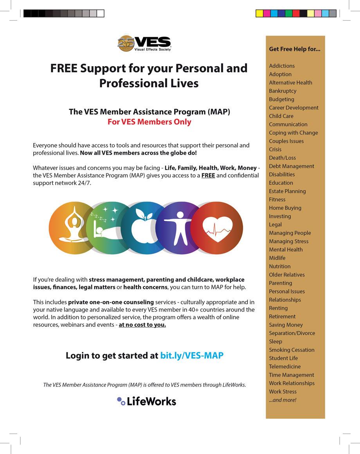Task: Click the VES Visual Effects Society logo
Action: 144,43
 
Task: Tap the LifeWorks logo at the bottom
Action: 147,401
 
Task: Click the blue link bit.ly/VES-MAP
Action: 192,356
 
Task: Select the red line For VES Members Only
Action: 149,122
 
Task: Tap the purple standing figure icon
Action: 178,228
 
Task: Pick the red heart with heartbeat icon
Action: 216,228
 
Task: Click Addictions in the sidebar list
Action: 282,66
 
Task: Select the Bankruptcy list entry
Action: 283,91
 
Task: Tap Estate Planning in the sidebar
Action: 287,191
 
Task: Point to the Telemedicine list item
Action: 285,367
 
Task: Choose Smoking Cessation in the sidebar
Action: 292,350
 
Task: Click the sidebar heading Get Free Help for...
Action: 295,49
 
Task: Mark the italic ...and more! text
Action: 283,400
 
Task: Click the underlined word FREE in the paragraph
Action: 208,175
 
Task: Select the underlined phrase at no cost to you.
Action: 142,325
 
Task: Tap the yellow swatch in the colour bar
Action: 259,14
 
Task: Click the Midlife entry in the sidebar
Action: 277,258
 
